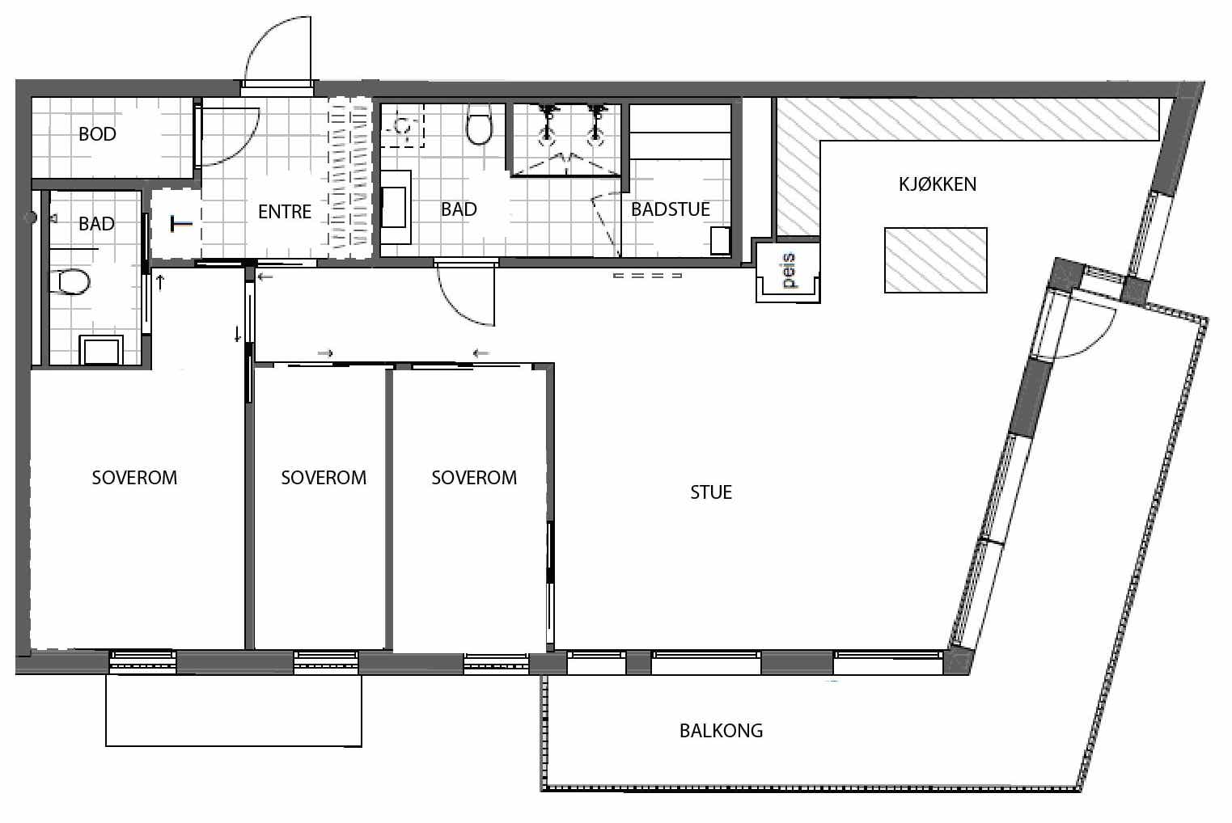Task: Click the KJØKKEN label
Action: pyautogui.click(x=938, y=184)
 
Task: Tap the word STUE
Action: pyautogui.click(x=711, y=492)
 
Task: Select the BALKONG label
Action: pyautogui.click(x=721, y=731)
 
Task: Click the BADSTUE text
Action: pyautogui.click(x=670, y=209)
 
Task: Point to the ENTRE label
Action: pyautogui.click(x=285, y=212)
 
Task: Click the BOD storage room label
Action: pyautogui.click(x=97, y=134)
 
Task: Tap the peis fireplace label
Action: pyautogui.click(x=790, y=271)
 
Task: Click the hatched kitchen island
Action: pyautogui.click(x=936, y=260)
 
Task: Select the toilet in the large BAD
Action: pyautogui.click(x=479, y=125)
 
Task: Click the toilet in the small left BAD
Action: pyautogui.click(x=71, y=282)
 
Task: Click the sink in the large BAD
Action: pyautogui.click(x=396, y=207)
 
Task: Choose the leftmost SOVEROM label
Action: pyautogui.click(x=134, y=478)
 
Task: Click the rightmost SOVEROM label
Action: pyautogui.click(x=474, y=478)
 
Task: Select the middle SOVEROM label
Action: pyautogui.click(x=324, y=478)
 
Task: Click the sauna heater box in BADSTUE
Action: pyautogui.click(x=720, y=241)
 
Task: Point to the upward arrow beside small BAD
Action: pyautogui.click(x=161, y=282)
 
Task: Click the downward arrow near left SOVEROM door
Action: pyautogui.click(x=238, y=334)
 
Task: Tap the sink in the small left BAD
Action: pyautogui.click(x=101, y=350)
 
